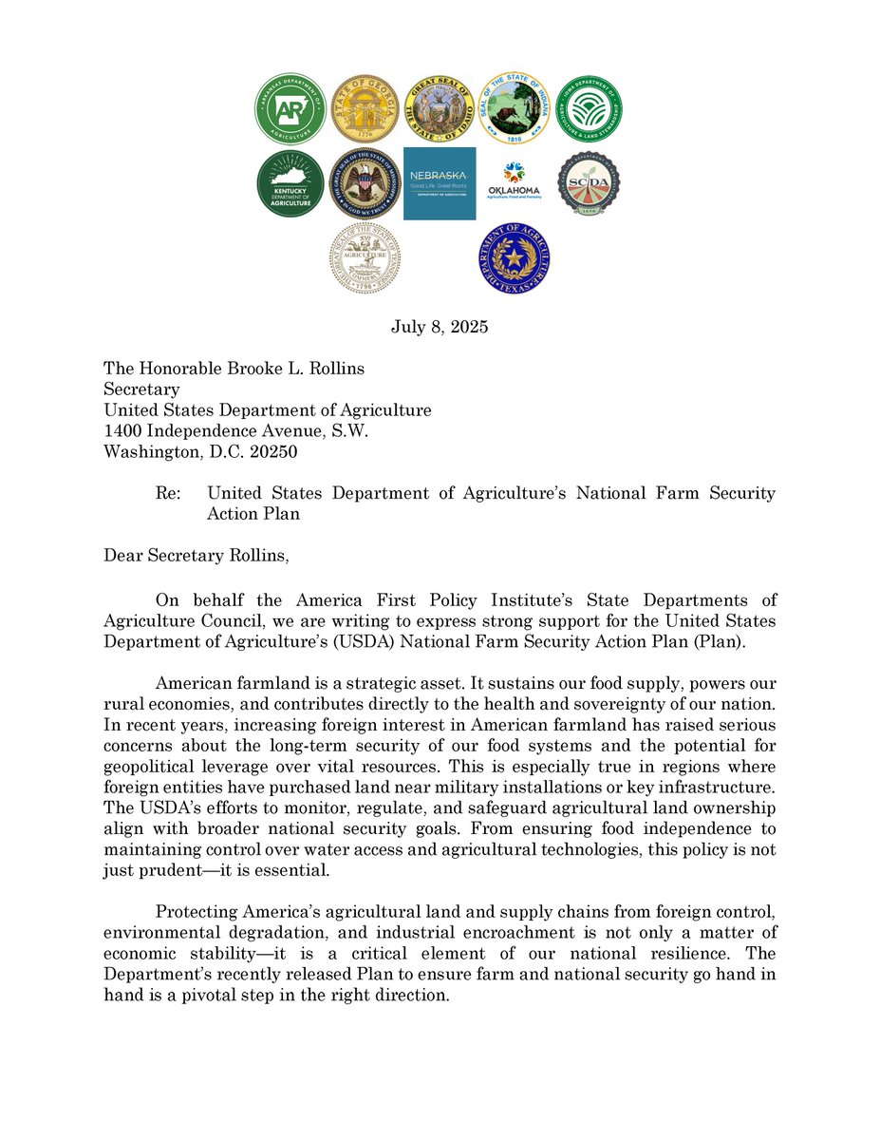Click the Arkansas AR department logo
point(290,109)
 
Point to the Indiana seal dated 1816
point(514,108)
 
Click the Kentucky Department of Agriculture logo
point(290,183)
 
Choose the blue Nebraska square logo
point(440,183)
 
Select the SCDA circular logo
point(589,183)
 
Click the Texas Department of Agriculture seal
point(515,257)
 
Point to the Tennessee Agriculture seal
point(365,257)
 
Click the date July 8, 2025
point(440,328)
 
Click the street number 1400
point(123,431)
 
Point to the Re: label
point(169,493)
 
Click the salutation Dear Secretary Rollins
point(195,555)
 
